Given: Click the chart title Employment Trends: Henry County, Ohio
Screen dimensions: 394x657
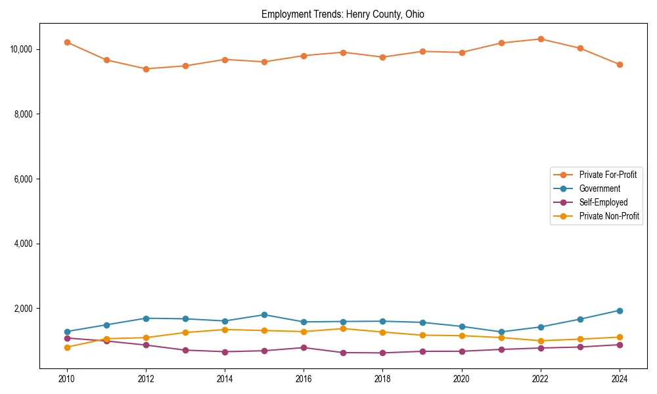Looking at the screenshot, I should (343, 14).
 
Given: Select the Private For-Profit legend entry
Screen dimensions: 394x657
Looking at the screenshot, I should (608, 175).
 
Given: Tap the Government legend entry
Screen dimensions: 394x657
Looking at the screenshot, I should (599, 188).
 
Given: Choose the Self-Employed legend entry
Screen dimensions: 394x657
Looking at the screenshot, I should (603, 202).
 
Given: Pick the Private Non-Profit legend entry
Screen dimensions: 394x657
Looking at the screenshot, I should (609, 216).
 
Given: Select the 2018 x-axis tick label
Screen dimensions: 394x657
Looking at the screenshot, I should (382, 379).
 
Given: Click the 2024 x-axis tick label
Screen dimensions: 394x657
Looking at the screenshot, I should (620, 379).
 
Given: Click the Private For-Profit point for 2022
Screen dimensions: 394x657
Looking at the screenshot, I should (541, 39).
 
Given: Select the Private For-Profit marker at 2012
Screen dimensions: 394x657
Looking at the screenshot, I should (146, 69).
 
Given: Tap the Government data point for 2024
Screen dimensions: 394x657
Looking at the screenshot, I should (620, 311).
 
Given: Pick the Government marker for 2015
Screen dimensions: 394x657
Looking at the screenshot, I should (264, 315).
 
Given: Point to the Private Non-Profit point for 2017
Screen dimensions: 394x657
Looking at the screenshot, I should (343, 328).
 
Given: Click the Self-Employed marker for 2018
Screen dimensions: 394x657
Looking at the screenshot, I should (382, 353).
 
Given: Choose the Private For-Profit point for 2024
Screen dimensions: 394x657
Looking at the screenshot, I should (620, 64).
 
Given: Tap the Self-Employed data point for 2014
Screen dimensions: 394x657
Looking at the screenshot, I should (225, 352).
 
